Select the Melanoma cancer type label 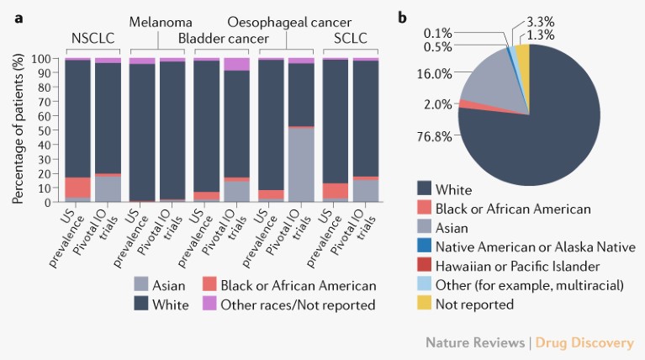click(160, 22)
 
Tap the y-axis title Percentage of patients click(18, 131)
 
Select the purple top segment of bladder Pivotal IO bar click(236, 64)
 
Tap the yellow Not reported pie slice click(522, 61)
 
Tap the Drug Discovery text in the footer click(586, 342)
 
